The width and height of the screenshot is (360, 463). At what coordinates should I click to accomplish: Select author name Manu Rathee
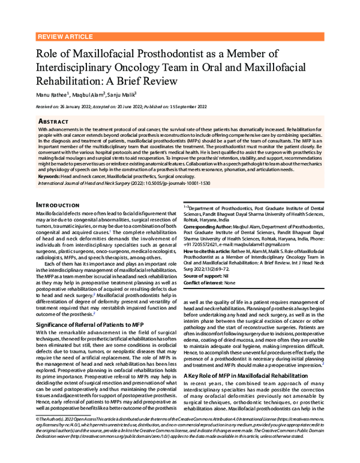[52, 94]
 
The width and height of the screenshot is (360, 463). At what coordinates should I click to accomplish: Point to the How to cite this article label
[209, 252]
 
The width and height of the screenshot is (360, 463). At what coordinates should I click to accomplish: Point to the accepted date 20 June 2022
[131, 106]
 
